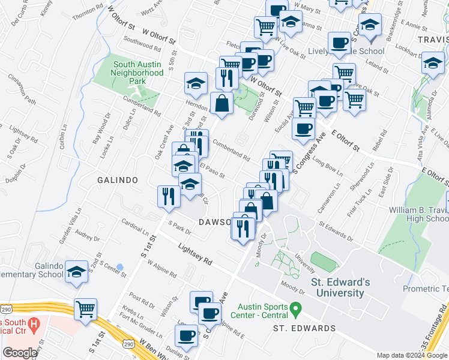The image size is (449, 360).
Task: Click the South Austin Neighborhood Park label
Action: [138, 73]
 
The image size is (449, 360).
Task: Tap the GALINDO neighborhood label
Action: [118, 180]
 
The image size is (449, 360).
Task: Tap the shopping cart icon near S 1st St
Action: [85, 310]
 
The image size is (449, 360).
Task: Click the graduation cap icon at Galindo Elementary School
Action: [77, 271]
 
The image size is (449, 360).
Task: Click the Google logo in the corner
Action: [20, 353]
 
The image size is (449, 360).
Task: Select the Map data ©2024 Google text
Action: [412, 355]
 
